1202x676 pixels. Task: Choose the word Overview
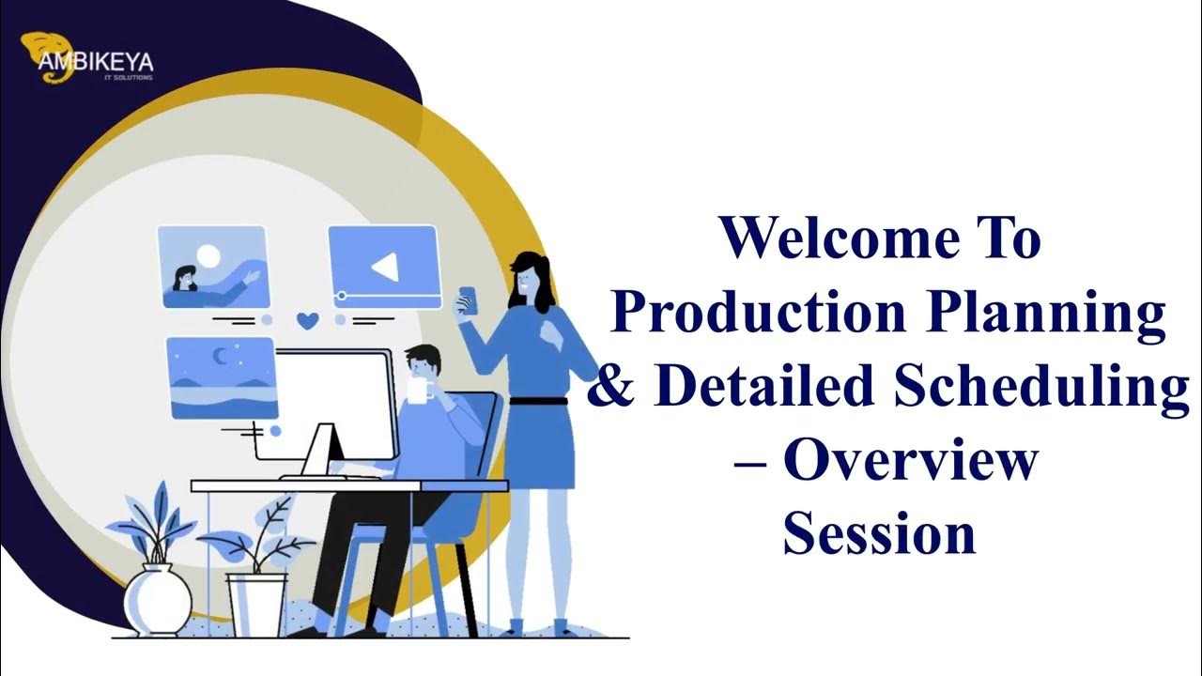coord(911,461)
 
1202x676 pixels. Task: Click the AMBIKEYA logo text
coord(96,63)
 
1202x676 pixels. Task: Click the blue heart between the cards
coord(307,320)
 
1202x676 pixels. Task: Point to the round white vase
coord(158,598)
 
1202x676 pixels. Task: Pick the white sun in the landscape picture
coord(208,254)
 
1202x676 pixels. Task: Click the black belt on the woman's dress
coord(538,401)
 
